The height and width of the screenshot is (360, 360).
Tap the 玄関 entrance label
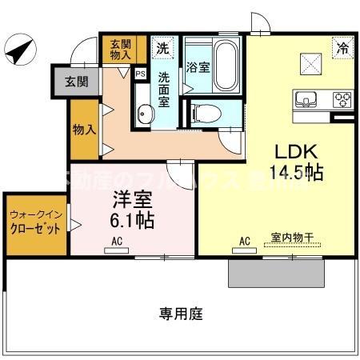coord(77,81)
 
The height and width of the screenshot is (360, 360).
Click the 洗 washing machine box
coord(163,47)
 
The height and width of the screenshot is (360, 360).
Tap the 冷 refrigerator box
coord(342,48)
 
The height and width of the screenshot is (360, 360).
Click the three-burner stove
coord(342,100)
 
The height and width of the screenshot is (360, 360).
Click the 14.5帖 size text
coord(298,172)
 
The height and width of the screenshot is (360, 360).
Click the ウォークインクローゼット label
coord(34,222)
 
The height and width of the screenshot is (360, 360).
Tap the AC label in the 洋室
coord(117,240)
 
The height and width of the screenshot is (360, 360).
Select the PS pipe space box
coord(141,74)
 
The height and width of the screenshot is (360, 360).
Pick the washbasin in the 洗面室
coord(143,114)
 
